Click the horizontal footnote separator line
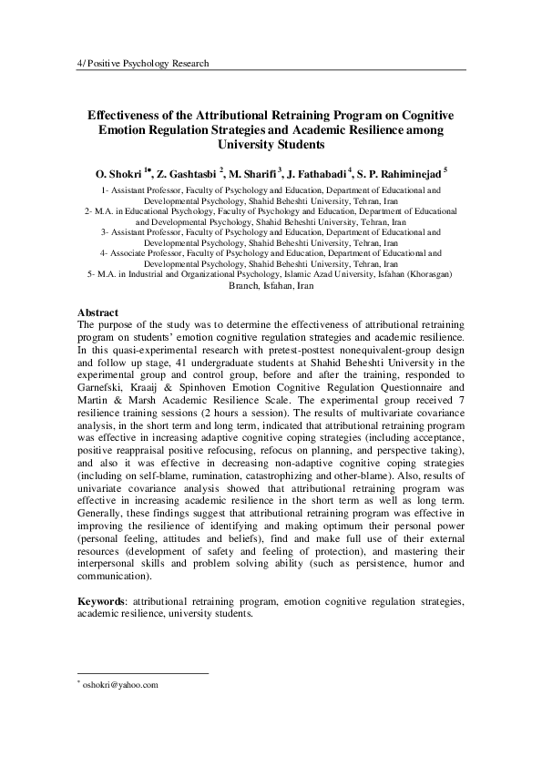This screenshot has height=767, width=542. (143, 673)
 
